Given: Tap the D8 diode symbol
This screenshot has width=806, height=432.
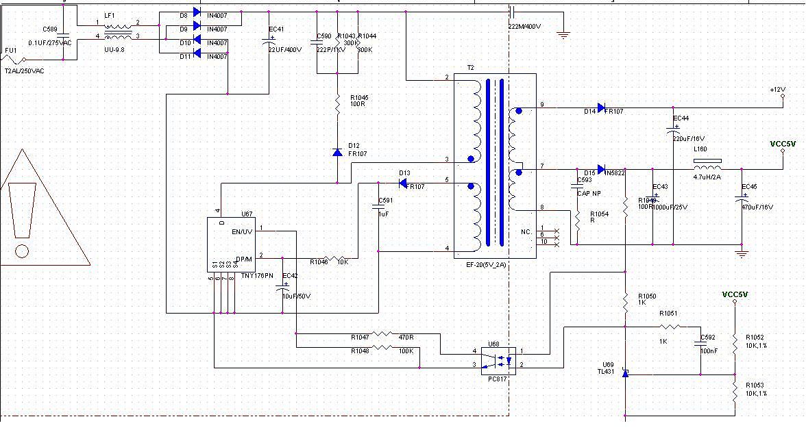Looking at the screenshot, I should (197, 12).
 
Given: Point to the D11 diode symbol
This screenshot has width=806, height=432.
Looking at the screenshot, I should (197, 53).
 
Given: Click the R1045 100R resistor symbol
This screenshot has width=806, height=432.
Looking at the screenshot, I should (337, 105).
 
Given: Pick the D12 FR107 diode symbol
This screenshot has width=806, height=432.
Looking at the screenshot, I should (337, 152).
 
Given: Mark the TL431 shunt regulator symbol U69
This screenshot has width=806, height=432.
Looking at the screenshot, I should (625, 374).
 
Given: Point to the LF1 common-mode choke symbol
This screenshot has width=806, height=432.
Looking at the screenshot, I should (118, 30).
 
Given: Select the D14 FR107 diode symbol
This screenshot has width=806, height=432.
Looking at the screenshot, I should (601, 107).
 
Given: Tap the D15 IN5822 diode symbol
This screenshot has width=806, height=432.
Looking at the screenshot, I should (601, 169).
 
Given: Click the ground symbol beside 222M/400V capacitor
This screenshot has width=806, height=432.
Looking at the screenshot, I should (563, 34).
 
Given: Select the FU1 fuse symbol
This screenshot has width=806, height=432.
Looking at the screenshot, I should (15, 60).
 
